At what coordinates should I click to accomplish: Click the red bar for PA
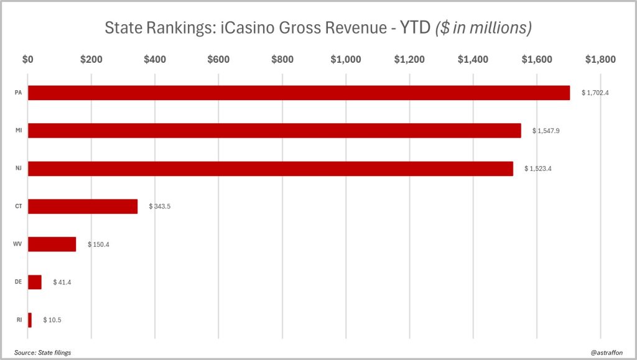299,93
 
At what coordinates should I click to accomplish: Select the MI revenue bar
274,131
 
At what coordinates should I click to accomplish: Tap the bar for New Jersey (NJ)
271,168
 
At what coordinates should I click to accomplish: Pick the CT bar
83,206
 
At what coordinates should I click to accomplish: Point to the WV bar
52,244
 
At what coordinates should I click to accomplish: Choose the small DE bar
35,282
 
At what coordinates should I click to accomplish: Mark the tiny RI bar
30,320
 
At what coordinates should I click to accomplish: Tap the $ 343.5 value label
159,206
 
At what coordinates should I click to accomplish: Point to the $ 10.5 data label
52,320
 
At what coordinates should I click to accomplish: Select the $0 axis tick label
28,60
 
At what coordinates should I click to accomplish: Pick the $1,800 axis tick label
600,60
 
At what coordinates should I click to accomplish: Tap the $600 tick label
218,60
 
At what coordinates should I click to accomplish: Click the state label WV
18,244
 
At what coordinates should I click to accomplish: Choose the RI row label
19,320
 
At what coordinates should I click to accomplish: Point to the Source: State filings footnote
42,353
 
